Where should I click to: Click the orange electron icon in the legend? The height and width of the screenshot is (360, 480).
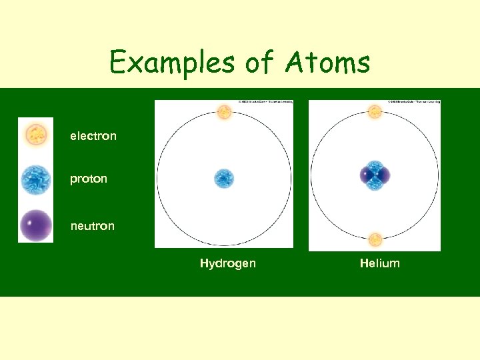pos(35,135)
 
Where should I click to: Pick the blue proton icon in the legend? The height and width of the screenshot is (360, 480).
pos(35,180)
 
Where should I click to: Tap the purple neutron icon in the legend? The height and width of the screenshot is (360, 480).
pos(35,225)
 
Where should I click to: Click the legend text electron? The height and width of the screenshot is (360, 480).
pos(93,136)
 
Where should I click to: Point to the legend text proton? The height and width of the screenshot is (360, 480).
pos(89,179)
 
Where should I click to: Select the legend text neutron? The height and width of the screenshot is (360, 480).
pos(93,226)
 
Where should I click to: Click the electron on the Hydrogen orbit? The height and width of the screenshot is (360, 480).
pos(224,112)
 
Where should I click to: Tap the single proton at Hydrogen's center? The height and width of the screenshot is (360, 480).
pos(224,178)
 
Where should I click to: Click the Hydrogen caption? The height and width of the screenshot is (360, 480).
pos(227,263)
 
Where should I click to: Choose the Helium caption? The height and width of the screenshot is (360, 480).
pos(380,263)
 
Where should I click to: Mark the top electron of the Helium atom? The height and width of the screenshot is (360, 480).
pos(375,111)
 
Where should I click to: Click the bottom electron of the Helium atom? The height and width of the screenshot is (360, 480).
pos(375,239)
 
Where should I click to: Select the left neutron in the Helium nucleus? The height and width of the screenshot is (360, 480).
pos(366,175)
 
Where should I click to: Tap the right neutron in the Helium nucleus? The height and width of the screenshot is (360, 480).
pos(383,175)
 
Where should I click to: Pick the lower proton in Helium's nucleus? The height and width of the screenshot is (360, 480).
pos(375,183)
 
